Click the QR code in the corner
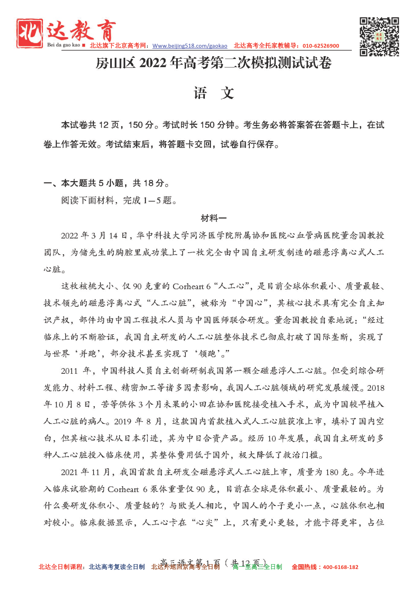379,36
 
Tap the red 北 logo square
30,33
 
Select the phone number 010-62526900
321,46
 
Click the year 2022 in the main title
153,63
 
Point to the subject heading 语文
213,93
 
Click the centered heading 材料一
213,218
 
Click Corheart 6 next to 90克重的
191,287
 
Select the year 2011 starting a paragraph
69,371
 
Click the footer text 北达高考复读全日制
117,567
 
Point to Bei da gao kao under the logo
64,45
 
